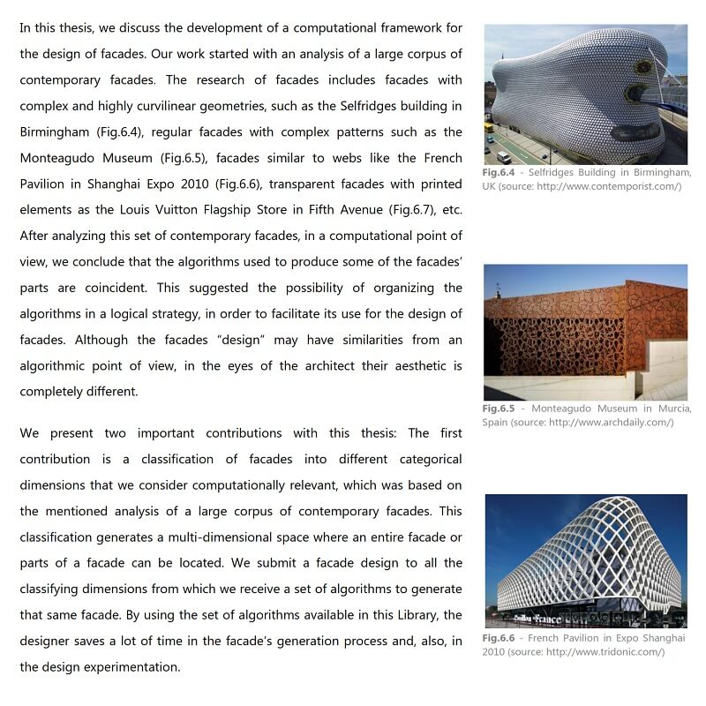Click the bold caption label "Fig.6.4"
[499, 172]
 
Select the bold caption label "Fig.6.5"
[499, 409]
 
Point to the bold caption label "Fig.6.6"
[499, 638]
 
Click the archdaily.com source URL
[610, 423]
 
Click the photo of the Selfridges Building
[585, 94]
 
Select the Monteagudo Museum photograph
[585, 333]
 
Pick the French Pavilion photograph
[585, 560]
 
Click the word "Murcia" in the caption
[671, 409]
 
